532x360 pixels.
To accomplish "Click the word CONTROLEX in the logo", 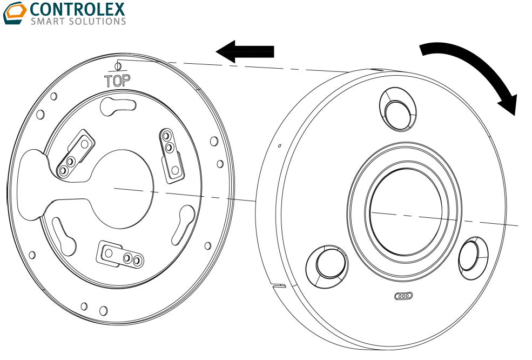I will pyautogui.click(x=78, y=9).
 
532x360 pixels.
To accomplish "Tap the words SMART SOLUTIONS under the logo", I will pyautogui.click(x=78, y=22).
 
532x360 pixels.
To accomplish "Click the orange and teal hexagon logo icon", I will pyautogui.click(x=15, y=13).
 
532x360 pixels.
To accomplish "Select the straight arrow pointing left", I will pyautogui.click(x=245, y=51).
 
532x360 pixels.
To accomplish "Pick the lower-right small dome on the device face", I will pyautogui.click(x=471, y=257).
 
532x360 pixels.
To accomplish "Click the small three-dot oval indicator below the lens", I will pyautogui.click(x=403, y=296).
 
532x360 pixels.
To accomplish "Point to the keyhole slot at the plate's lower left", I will pyautogui.click(x=64, y=235).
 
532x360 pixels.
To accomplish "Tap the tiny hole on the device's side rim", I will pyautogui.click(x=279, y=146).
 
